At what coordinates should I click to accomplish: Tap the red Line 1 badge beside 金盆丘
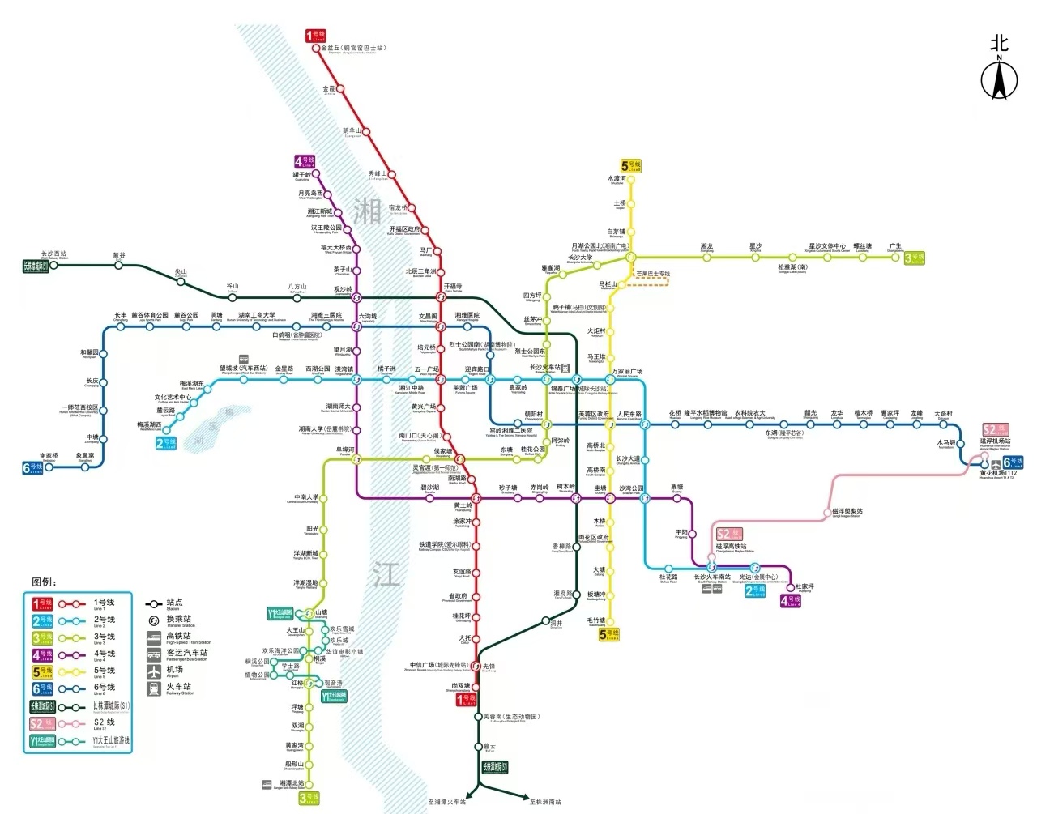tap(315, 36)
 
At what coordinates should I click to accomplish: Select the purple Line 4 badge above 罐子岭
tap(305, 162)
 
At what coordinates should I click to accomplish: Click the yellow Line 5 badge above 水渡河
tap(631, 166)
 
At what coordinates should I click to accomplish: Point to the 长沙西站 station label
tap(54, 254)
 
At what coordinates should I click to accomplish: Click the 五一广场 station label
tap(426, 369)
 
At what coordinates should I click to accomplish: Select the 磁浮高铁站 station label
tap(731, 547)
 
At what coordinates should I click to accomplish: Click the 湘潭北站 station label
tap(292, 783)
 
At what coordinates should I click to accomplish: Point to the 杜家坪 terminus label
tap(804, 586)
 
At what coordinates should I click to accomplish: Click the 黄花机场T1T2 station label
tap(998, 473)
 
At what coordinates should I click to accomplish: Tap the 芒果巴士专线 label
tap(653, 274)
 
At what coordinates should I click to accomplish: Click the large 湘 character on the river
tap(367, 212)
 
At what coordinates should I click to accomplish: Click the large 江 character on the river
tap(386, 574)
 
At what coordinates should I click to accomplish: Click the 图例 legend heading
tap(44, 582)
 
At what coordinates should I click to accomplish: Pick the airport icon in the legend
tap(154, 671)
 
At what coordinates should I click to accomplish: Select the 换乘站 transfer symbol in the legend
tap(153, 620)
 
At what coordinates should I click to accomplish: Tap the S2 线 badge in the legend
tap(42, 723)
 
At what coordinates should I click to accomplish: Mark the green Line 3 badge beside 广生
tap(915, 258)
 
